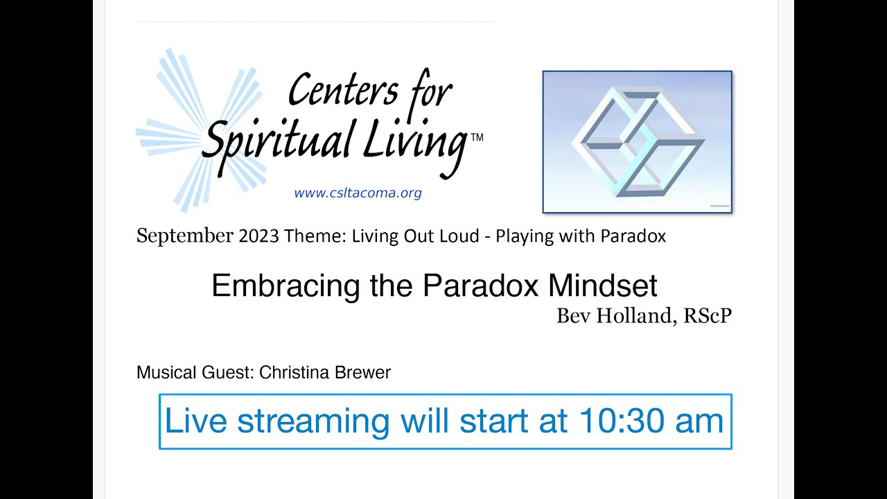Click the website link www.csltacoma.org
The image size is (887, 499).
click(358, 193)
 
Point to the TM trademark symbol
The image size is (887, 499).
click(477, 137)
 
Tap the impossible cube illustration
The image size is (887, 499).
click(637, 142)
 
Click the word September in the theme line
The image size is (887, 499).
click(185, 236)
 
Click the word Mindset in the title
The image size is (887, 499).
click(602, 286)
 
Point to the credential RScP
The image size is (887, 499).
click(707, 316)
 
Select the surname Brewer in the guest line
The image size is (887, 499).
click(362, 373)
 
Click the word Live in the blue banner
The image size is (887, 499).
click(196, 421)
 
